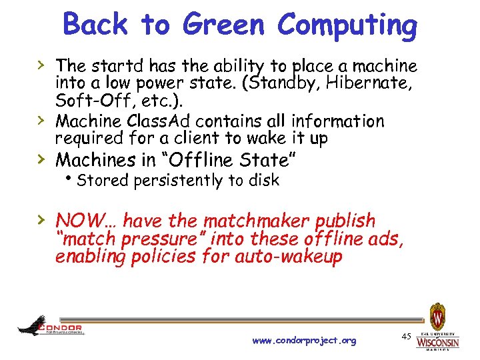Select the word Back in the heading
tap(96, 25)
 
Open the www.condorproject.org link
tap(304, 341)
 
